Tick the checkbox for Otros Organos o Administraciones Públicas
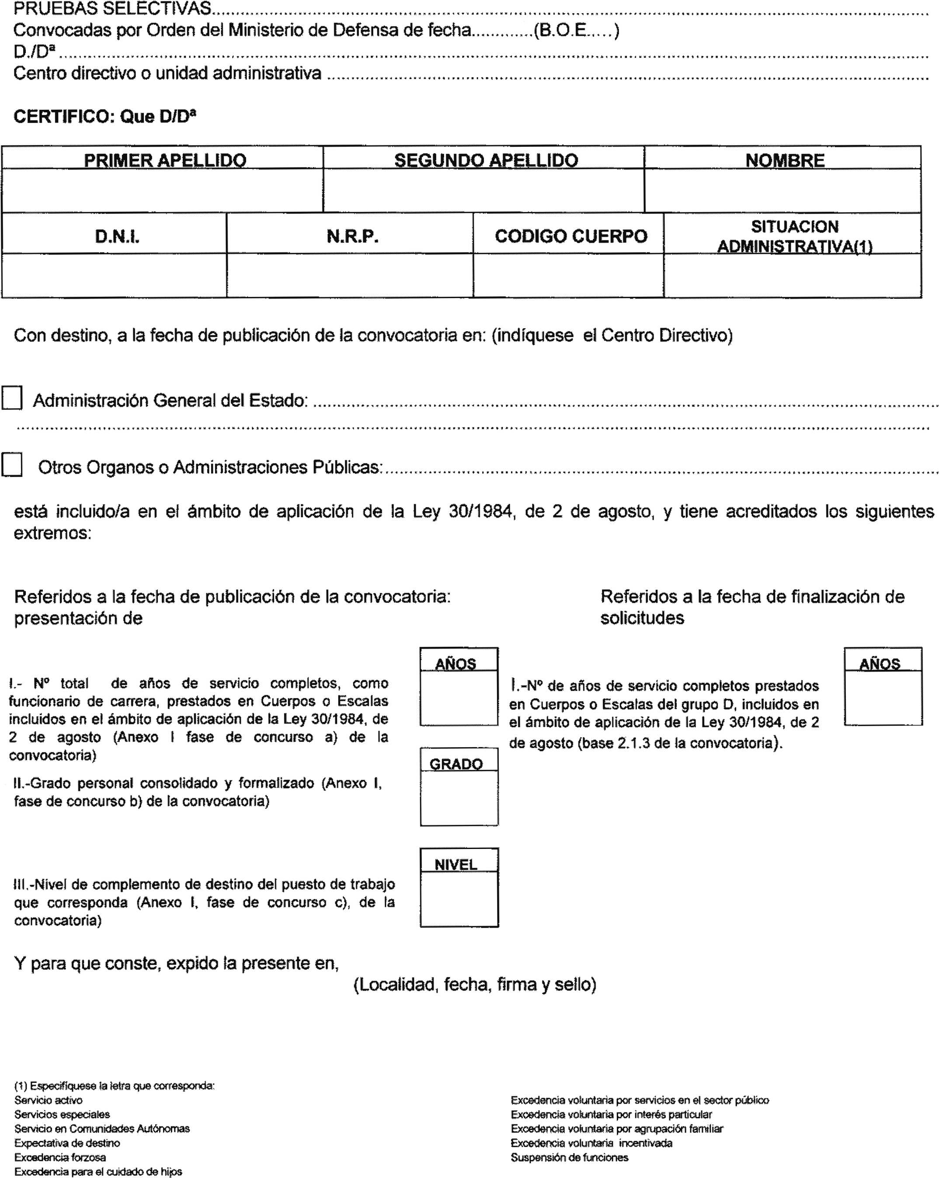[12, 465]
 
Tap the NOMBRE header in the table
[784, 160]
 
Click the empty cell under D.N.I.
[114, 275]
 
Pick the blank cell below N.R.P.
[350, 275]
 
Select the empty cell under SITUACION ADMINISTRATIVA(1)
[793, 275]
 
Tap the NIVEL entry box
[459, 898]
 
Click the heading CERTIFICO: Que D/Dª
[104, 116]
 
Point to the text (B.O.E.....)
[576, 30]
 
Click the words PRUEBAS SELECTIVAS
[112, 8]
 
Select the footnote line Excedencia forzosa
[60, 1157]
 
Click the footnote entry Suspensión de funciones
[570, 1157]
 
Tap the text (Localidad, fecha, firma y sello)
[474, 984]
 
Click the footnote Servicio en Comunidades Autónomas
[102, 1128]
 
